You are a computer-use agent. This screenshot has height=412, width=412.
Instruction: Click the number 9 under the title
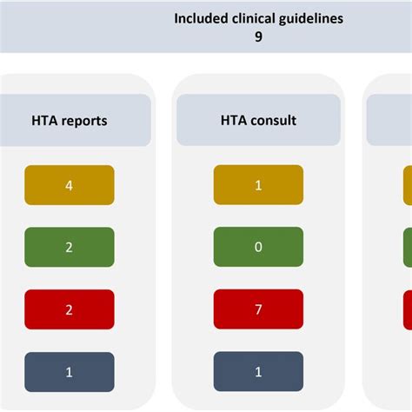[258, 37]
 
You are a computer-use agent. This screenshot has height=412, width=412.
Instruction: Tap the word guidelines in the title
[311, 19]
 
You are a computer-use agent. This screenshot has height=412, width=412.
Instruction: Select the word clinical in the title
[253, 18]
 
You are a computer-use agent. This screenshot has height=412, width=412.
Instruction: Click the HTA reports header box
[76, 120]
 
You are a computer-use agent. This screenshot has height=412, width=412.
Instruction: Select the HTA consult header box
[258, 120]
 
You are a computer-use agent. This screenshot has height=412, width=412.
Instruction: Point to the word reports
[86, 121]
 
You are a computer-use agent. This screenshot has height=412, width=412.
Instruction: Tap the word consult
[273, 120]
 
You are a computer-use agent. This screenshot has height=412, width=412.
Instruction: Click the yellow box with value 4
[70, 185]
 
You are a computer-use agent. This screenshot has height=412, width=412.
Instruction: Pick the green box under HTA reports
[70, 247]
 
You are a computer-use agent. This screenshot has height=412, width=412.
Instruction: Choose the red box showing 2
[70, 309]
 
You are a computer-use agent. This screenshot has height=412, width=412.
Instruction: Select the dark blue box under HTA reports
[70, 372]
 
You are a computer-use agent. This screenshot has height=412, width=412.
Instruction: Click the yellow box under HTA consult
[258, 185]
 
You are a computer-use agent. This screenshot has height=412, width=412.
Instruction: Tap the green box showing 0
[258, 247]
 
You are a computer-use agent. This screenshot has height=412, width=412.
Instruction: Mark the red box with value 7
[258, 309]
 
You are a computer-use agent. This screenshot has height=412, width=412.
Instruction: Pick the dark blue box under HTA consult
[258, 371]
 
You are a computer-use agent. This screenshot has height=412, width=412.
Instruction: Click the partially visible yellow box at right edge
[408, 185]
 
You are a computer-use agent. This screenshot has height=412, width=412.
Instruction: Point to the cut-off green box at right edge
[408, 247]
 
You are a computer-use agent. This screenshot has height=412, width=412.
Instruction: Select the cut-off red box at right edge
[408, 310]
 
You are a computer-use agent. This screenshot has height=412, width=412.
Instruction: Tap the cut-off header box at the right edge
[389, 120]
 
